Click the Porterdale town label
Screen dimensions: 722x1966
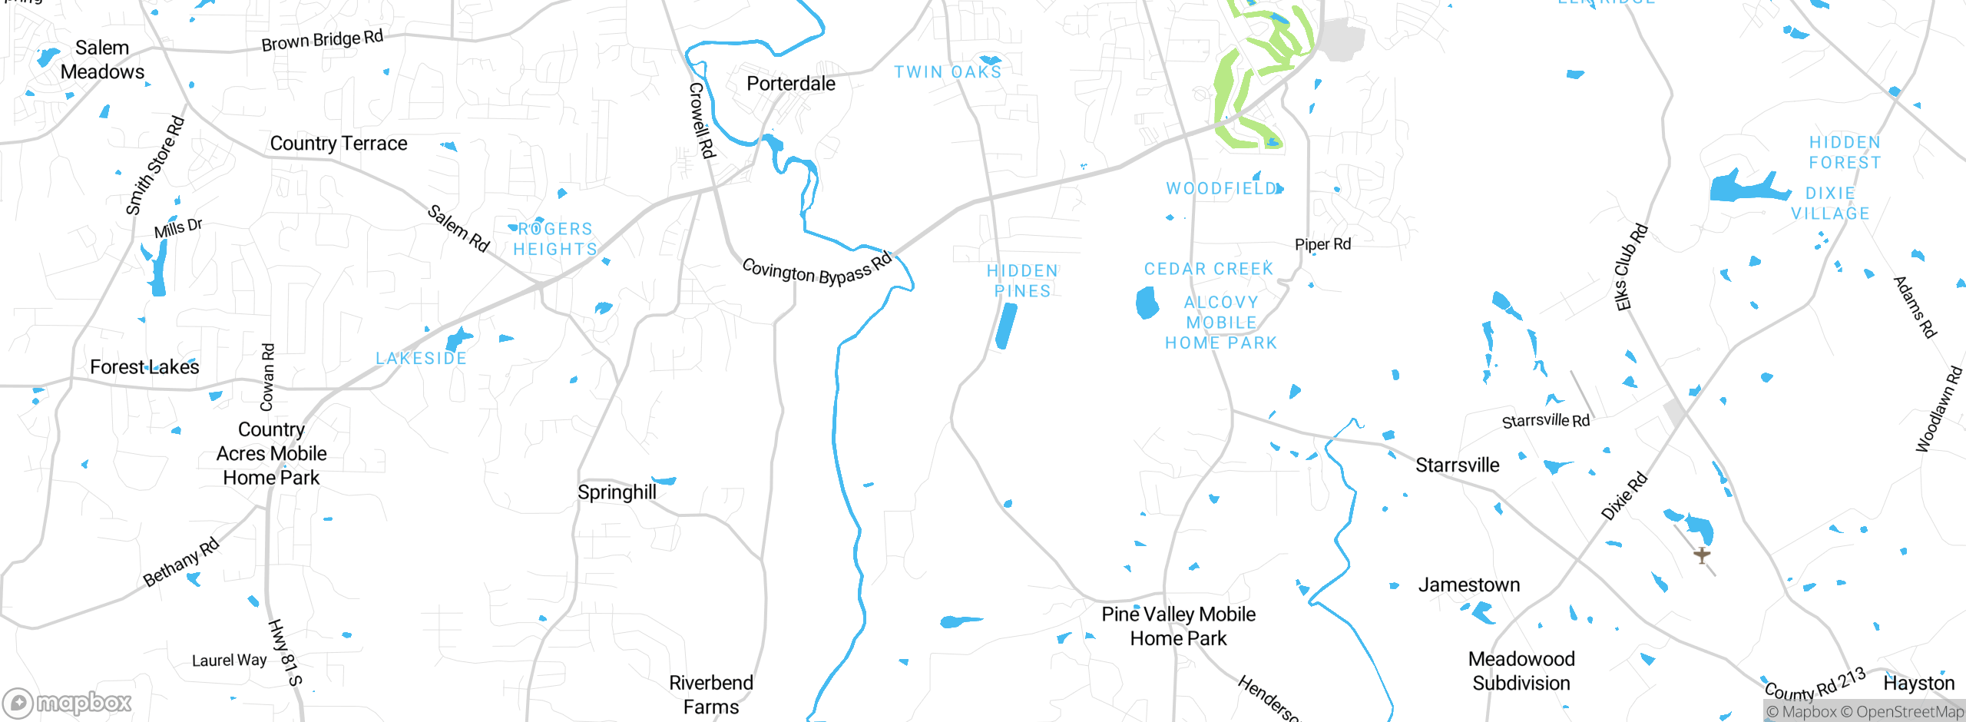click(x=790, y=84)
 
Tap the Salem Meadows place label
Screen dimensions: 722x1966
click(x=102, y=60)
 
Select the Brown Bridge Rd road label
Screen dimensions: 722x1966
click(x=322, y=41)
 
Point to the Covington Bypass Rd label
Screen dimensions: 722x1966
click(x=817, y=270)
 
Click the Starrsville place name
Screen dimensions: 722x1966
click(x=1457, y=465)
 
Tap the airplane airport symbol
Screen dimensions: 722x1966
click(x=1702, y=555)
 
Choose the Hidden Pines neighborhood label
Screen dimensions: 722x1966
click(x=1022, y=281)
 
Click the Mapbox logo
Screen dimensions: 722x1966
click(x=68, y=703)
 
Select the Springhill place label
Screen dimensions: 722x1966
click(x=617, y=492)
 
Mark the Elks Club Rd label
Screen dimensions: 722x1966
click(x=1632, y=267)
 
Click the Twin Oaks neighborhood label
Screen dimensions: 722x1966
click(x=948, y=72)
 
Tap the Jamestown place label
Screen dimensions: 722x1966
click(x=1468, y=585)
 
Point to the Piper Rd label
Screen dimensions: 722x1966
click(x=1322, y=244)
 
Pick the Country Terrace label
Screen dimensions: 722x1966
click(x=338, y=144)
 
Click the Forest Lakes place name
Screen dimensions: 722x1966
click(x=144, y=367)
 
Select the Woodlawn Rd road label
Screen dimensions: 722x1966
click(x=1938, y=409)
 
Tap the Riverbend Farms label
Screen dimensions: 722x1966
click(x=710, y=695)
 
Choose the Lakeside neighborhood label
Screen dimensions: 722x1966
click(x=421, y=359)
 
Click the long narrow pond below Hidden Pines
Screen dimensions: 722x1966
click(x=1006, y=326)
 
